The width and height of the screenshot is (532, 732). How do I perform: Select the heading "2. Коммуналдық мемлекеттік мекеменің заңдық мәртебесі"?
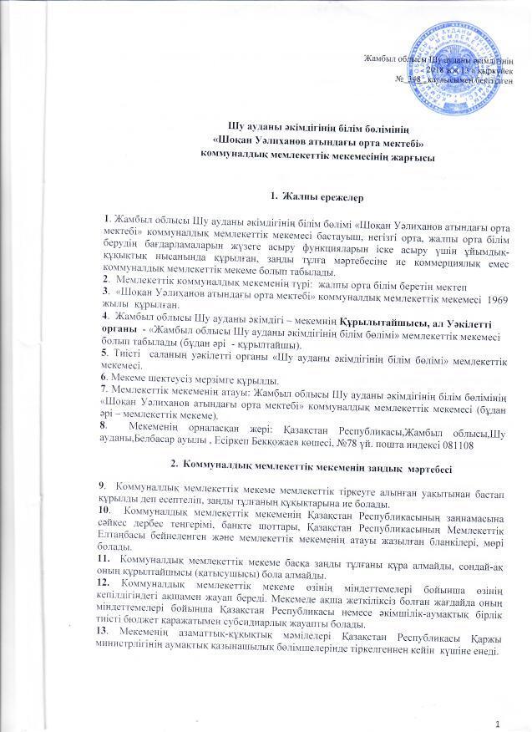(266, 462)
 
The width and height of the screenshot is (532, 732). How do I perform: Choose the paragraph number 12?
(104, 581)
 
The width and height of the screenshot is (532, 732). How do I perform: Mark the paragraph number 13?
(104, 629)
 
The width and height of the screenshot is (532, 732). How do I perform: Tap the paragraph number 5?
(101, 354)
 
